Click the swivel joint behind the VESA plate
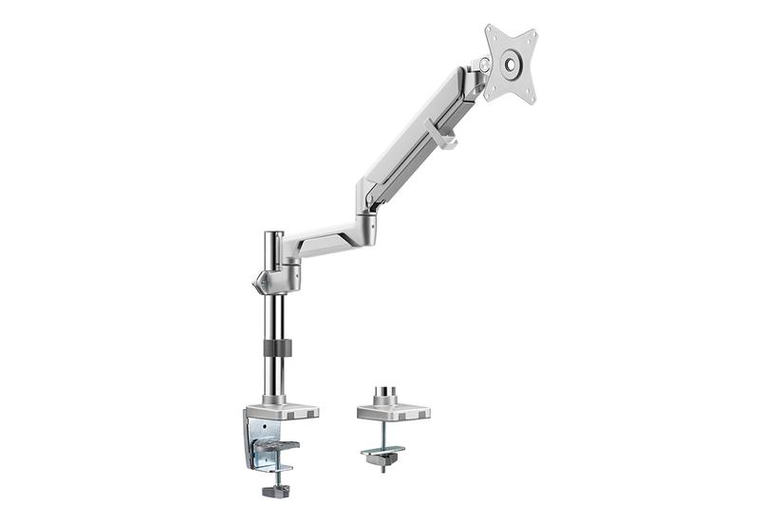pyautogui.click(x=479, y=71)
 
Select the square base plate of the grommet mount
pyautogui.click(x=393, y=412)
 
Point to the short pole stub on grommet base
pyautogui.click(x=388, y=392)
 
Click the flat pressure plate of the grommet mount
pyautogui.click(x=382, y=450)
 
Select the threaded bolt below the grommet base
pyautogui.click(x=382, y=434)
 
